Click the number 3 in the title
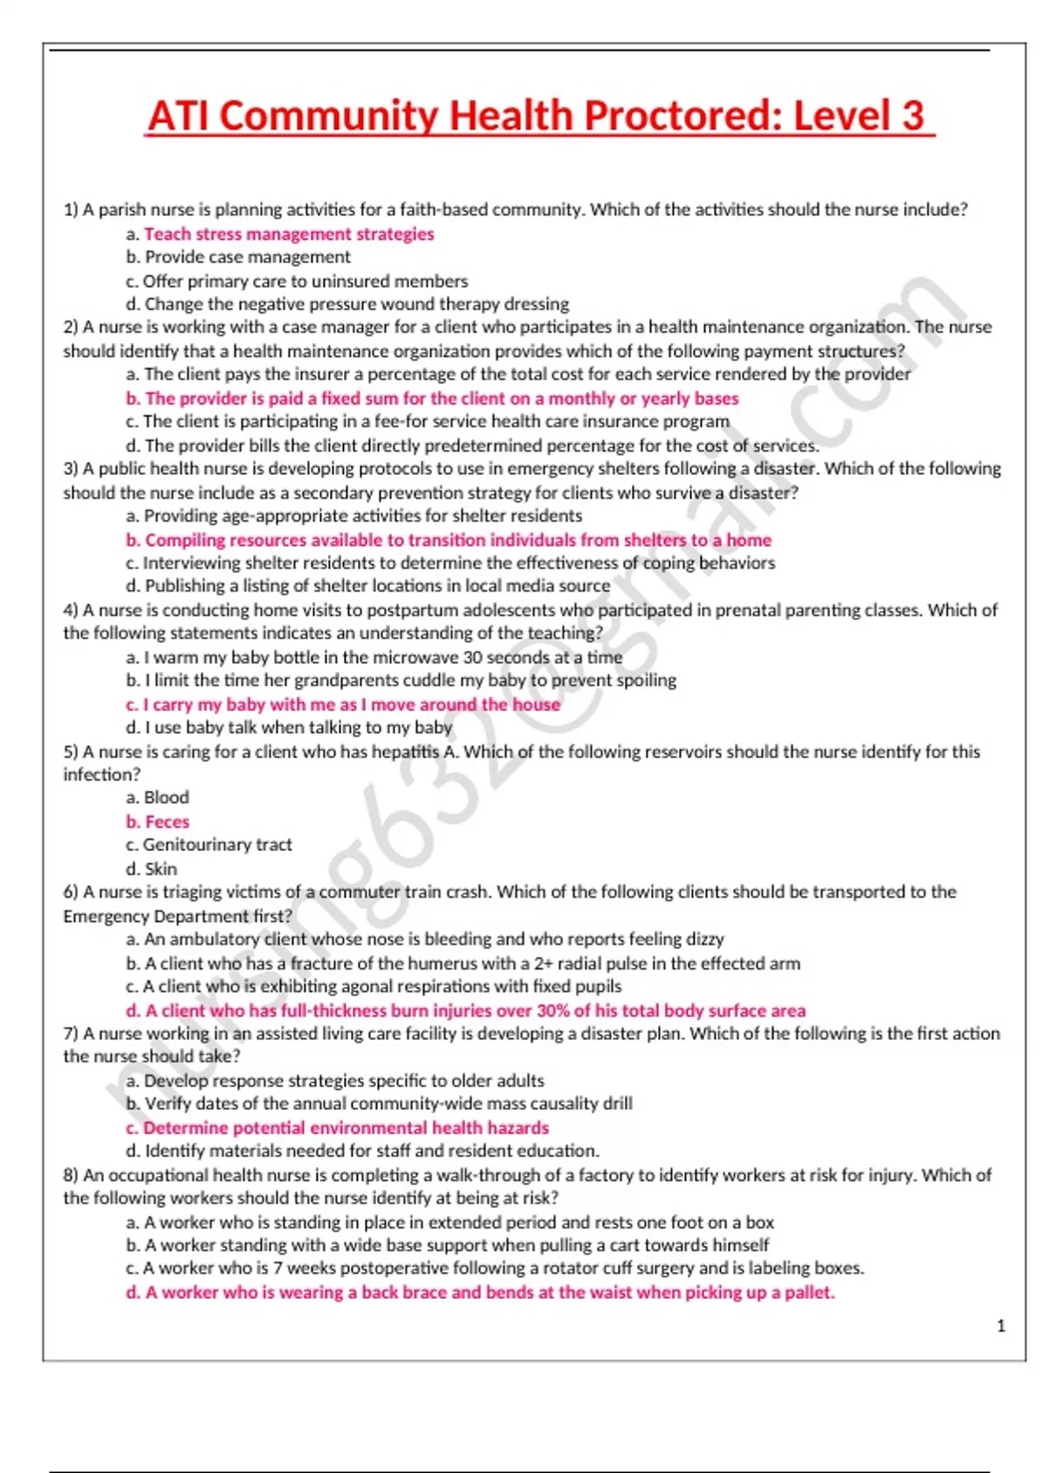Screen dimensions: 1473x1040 point(912,116)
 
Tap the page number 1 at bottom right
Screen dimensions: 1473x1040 point(1001,1326)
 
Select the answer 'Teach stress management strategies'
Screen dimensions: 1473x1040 point(289,234)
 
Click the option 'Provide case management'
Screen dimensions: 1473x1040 point(247,257)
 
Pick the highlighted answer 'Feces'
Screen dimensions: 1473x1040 point(166,821)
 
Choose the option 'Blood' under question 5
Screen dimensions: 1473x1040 point(166,797)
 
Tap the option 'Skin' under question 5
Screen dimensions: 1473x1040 point(160,868)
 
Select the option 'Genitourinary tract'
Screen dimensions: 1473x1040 point(217,845)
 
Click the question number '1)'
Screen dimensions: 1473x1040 point(71,210)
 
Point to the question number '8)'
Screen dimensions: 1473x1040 point(71,1175)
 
